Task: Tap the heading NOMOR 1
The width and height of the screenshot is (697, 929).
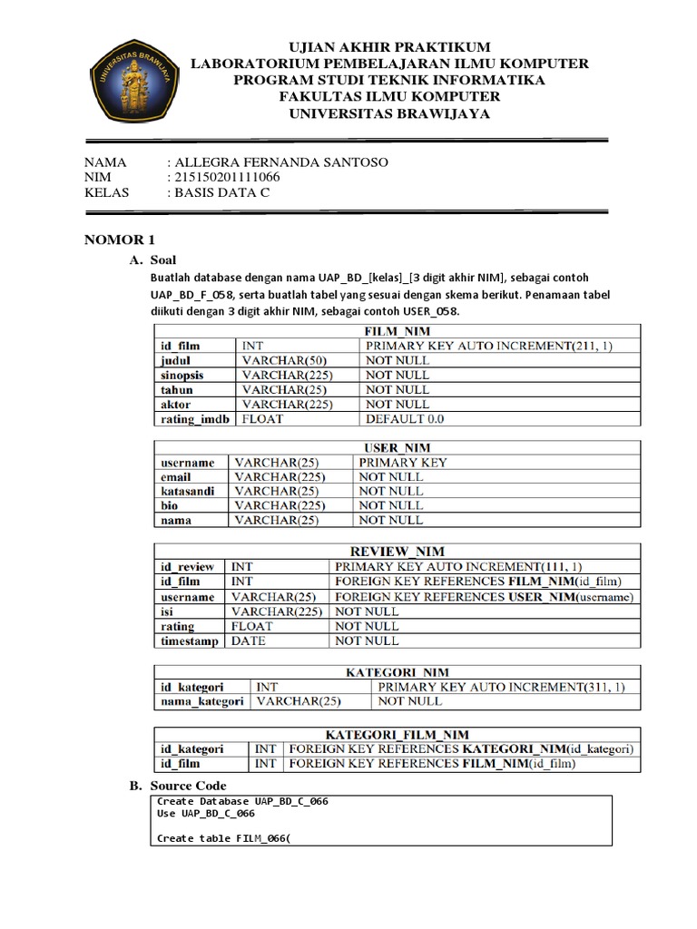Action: click(120, 240)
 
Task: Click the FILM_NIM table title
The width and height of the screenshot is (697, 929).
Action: click(397, 332)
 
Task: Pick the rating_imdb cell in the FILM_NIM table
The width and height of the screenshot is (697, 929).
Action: click(195, 419)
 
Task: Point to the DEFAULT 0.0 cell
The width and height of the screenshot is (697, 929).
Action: click(405, 419)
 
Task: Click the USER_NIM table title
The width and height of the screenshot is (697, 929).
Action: click(397, 448)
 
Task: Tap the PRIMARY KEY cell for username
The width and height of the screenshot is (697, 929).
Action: click(403, 463)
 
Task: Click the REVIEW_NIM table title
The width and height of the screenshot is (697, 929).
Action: click(397, 552)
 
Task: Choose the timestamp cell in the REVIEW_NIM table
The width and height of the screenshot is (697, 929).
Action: click(189, 641)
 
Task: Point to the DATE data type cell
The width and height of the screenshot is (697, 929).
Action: click(249, 641)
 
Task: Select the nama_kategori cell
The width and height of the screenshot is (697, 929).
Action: click(201, 701)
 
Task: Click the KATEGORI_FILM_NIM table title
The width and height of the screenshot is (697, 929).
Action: click(397, 735)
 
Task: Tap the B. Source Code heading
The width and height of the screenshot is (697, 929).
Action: click(179, 786)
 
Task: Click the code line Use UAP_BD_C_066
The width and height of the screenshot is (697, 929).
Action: click(205, 814)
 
